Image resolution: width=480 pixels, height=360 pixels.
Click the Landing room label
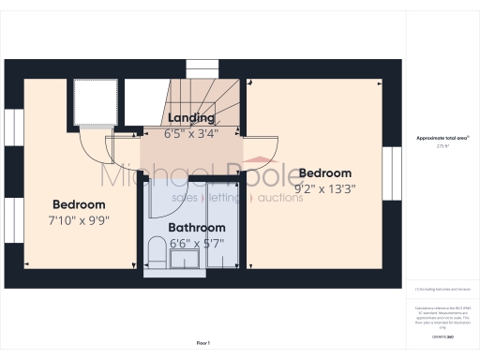(x=191, y=118)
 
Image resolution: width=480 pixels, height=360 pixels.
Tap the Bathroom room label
(x=197, y=228)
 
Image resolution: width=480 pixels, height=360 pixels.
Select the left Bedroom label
(x=79, y=204)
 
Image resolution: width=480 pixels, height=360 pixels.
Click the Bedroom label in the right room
(x=325, y=173)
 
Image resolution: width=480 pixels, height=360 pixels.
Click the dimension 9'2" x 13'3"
(x=325, y=187)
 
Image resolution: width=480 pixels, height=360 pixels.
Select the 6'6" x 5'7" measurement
(x=197, y=242)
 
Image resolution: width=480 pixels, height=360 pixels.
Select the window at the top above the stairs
(x=201, y=69)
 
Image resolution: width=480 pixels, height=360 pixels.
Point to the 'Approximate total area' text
(x=436, y=138)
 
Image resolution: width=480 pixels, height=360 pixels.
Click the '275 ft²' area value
(x=436, y=146)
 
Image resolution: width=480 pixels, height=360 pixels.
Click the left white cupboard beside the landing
(x=95, y=102)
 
